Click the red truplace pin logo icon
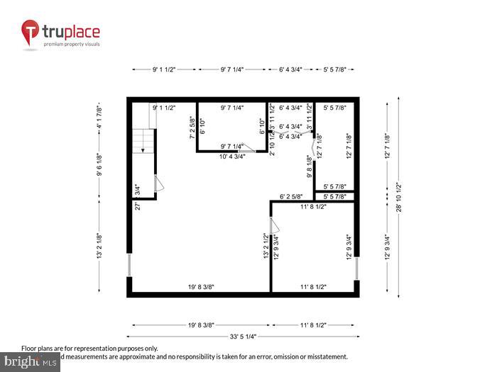(30, 33)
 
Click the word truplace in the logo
(71, 31)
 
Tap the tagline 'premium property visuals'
(72, 45)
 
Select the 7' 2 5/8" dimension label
(192, 128)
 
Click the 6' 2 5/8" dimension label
(292, 196)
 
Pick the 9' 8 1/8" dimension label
(309, 168)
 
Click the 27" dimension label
(138, 206)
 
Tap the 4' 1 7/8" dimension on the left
(99, 115)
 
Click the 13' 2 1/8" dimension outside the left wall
(99, 246)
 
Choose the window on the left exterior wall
(130, 265)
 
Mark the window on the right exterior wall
(357, 269)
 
